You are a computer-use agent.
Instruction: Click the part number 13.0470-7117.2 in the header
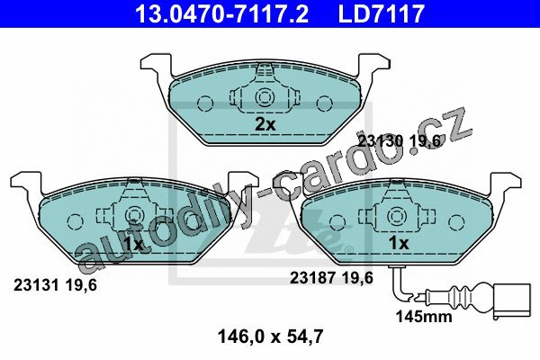click(221, 13)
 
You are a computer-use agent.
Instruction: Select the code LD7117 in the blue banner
click(382, 13)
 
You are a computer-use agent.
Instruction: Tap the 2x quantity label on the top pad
click(265, 124)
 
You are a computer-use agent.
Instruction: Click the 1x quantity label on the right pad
click(399, 243)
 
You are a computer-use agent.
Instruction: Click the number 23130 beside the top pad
click(381, 141)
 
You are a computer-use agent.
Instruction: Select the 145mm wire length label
click(424, 316)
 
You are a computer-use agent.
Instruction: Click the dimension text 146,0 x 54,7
click(271, 337)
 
